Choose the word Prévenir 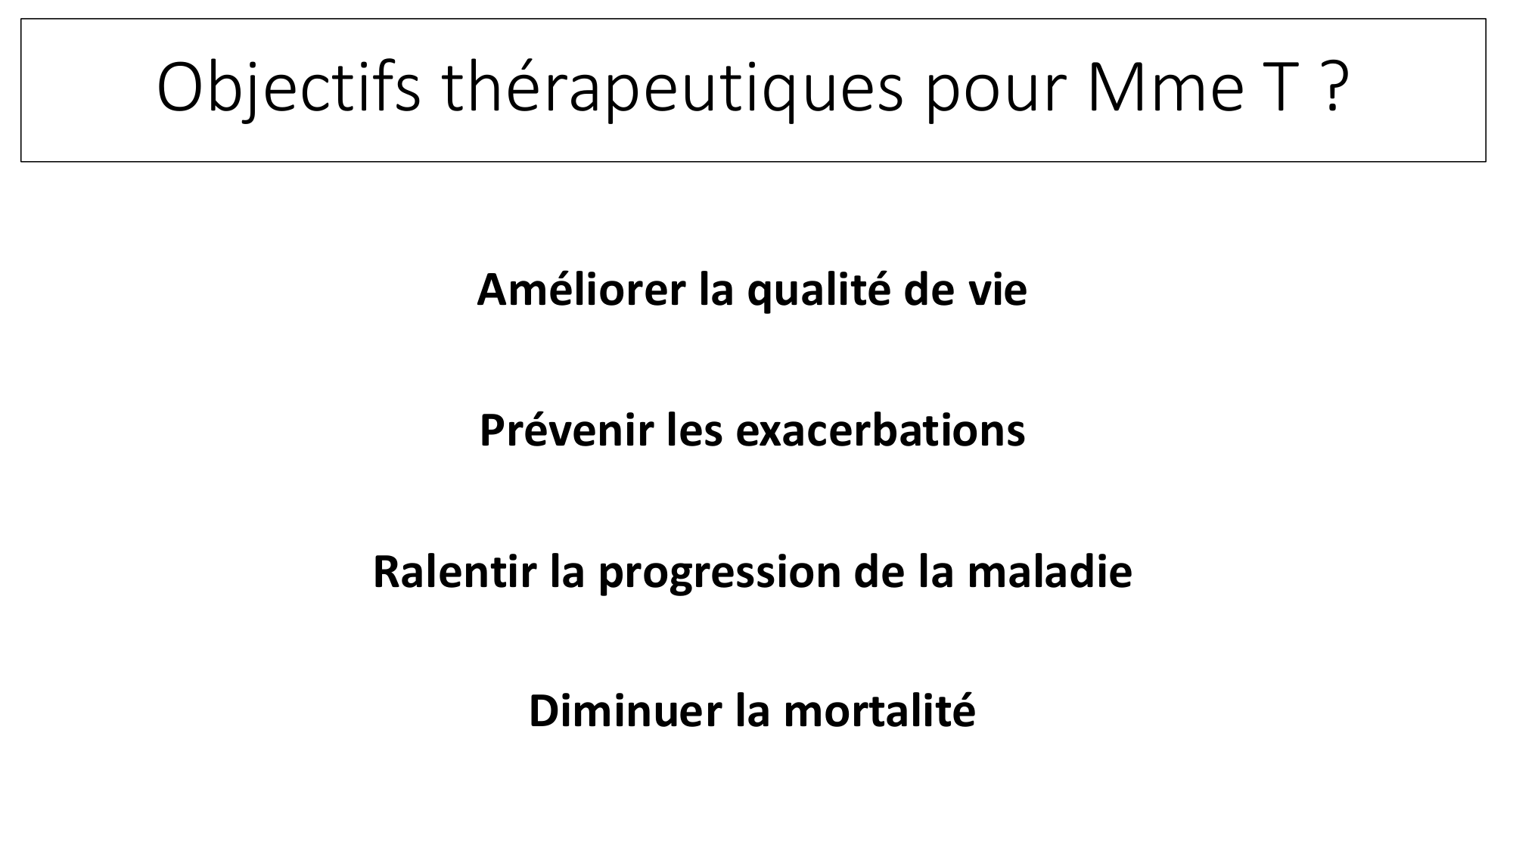point(567,430)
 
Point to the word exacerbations point(881,430)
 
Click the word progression point(720,575)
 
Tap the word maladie point(1050,571)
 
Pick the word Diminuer point(626,711)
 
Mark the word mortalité point(879,711)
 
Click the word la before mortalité point(753,711)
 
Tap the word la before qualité point(716,290)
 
